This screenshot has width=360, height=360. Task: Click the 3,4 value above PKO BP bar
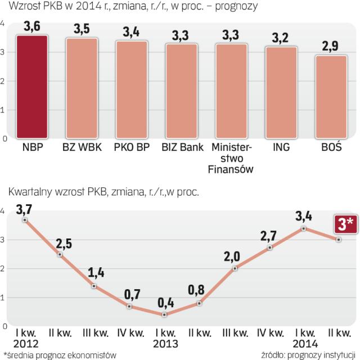[132, 31]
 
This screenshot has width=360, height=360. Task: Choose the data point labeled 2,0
[235, 268]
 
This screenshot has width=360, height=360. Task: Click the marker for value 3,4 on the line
[304, 228]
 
